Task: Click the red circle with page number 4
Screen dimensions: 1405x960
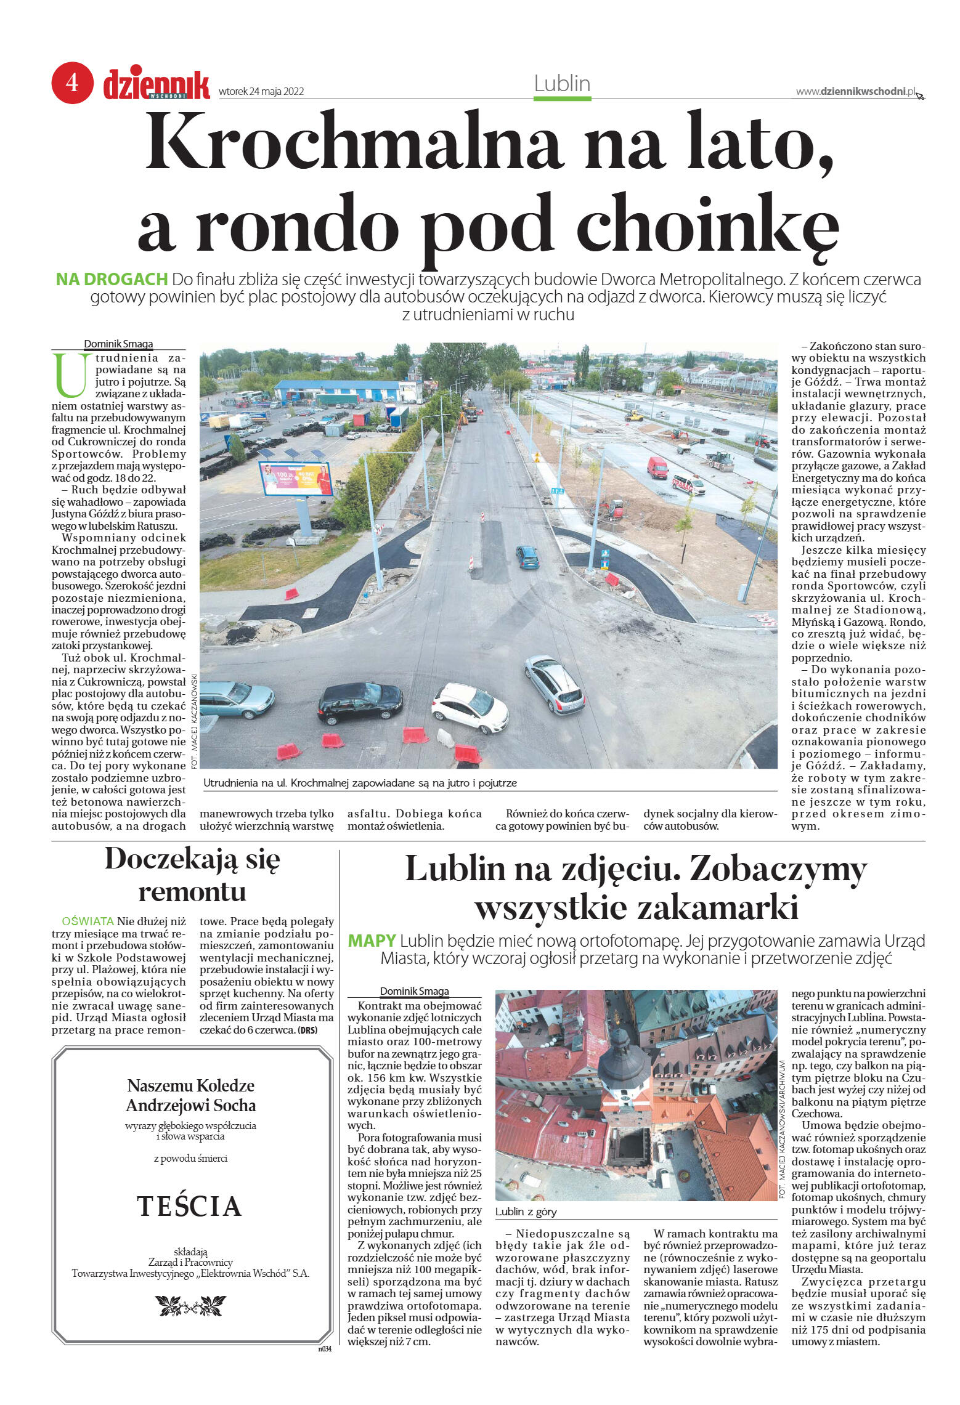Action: click(72, 82)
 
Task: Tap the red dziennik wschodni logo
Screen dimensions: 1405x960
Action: click(157, 86)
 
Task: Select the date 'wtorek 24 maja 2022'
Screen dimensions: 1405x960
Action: click(261, 92)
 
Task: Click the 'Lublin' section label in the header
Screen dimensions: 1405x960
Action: click(562, 84)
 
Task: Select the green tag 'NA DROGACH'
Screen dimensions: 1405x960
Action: click(112, 279)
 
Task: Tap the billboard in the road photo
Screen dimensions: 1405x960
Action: click(296, 479)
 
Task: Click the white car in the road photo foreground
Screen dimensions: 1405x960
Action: click(470, 707)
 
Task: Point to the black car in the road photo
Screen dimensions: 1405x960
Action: click(360, 702)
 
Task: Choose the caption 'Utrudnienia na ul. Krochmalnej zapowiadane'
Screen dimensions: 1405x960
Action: click(360, 783)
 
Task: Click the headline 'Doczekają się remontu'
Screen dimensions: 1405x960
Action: click(192, 875)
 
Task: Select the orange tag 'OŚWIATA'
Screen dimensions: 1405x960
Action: click(88, 921)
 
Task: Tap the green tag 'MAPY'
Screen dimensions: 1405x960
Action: click(372, 941)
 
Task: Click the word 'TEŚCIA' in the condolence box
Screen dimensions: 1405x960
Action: click(189, 1206)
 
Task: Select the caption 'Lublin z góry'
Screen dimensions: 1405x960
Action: click(526, 1212)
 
